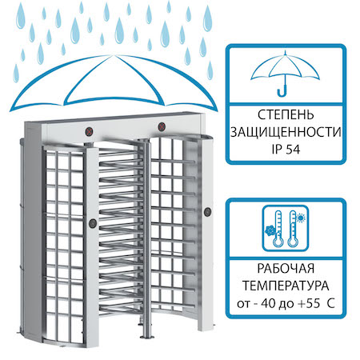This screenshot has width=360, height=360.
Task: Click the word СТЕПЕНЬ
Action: point(286,115)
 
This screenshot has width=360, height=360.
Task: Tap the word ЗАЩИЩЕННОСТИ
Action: point(286,132)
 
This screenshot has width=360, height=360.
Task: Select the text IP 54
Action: point(286,150)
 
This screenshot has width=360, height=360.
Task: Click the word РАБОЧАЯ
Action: point(286,269)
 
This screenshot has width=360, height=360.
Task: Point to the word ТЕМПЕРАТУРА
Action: point(286,286)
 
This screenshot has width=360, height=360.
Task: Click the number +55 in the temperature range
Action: point(309,303)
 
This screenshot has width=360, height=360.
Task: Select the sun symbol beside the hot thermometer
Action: point(301,218)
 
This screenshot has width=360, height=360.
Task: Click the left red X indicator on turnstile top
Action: point(90,131)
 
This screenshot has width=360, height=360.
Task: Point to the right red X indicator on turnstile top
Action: point(162,126)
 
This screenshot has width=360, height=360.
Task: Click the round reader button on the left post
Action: point(93,223)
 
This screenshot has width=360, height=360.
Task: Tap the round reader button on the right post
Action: point(207,212)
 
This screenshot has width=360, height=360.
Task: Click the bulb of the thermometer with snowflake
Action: point(278,242)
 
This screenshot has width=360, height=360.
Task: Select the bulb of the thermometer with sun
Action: point(293,242)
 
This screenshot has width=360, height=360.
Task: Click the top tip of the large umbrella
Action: point(115,55)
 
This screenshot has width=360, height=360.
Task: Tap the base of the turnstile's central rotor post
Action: point(146,337)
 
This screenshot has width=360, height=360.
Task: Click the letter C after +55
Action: point(330,303)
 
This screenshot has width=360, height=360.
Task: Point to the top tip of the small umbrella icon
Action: point(285,51)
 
